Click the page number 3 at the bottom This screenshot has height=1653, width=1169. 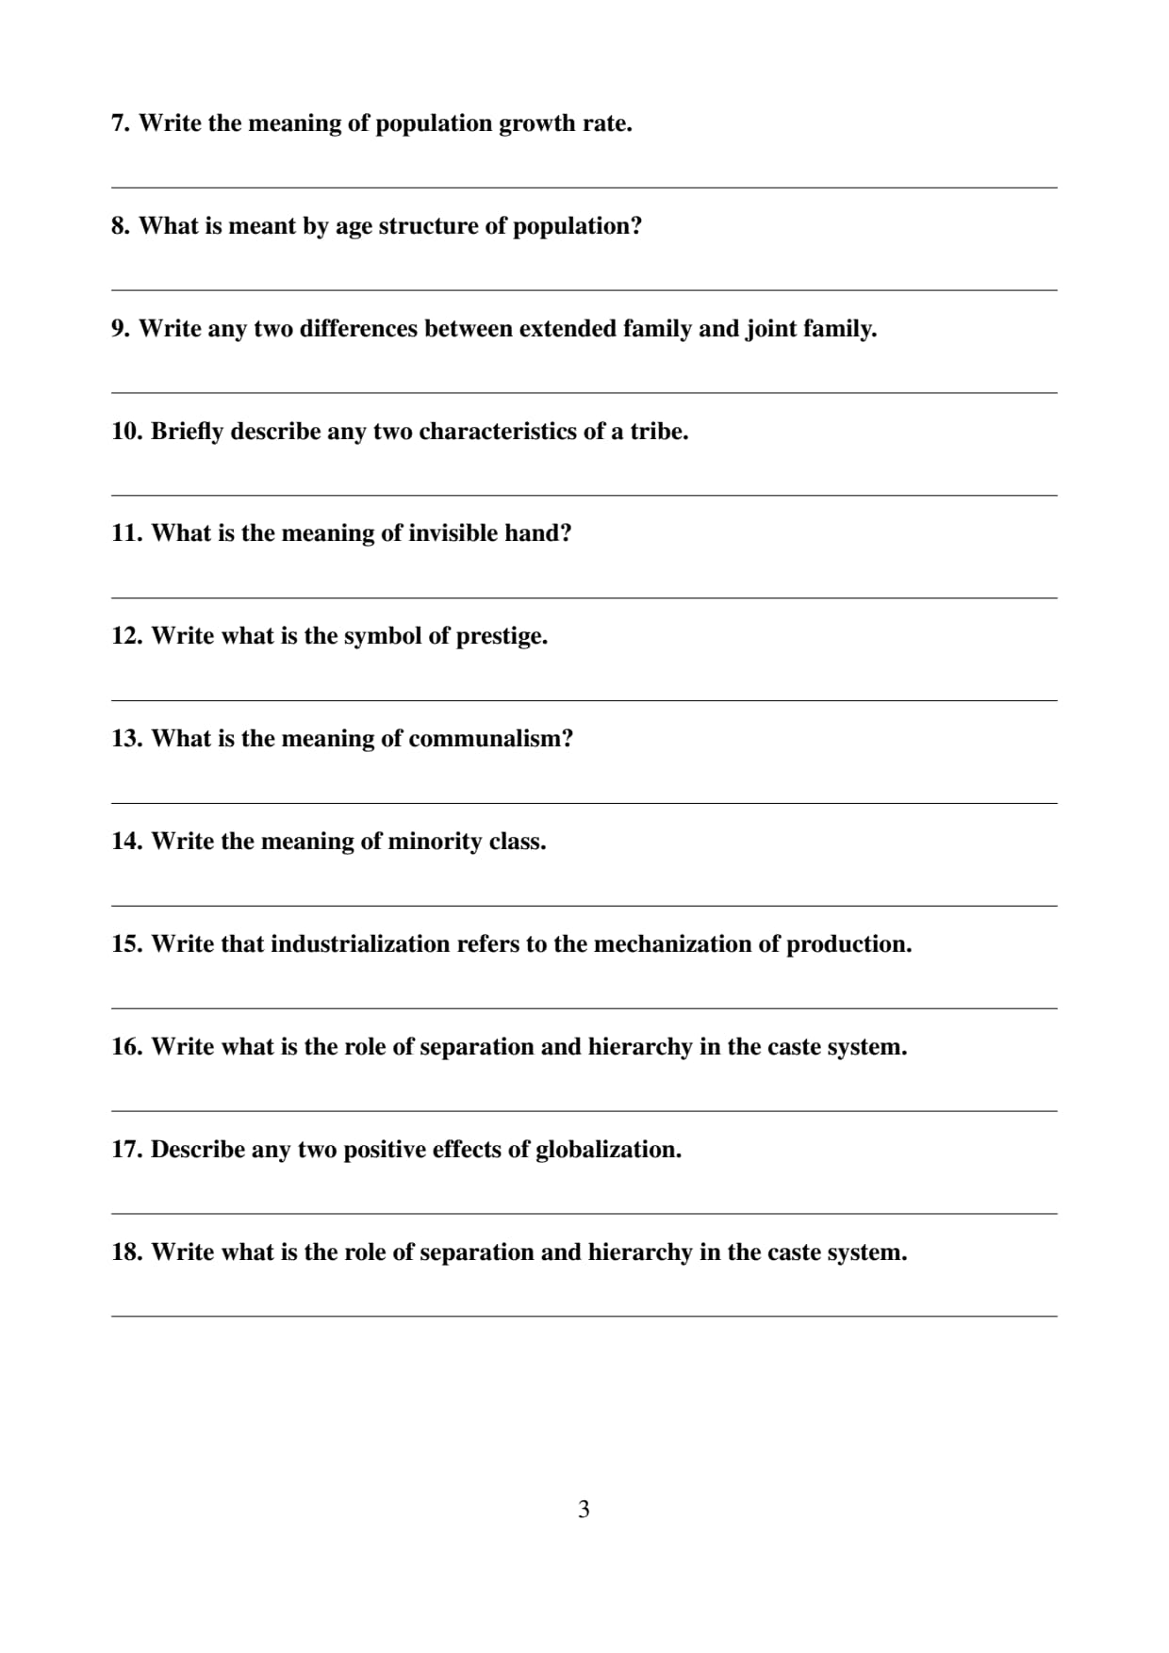point(584,1509)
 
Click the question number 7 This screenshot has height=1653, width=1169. point(120,123)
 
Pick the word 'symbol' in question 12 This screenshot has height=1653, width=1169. point(383,636)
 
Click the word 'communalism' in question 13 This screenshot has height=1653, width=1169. point(489,739)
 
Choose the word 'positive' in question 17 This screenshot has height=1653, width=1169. point(384,1150)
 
